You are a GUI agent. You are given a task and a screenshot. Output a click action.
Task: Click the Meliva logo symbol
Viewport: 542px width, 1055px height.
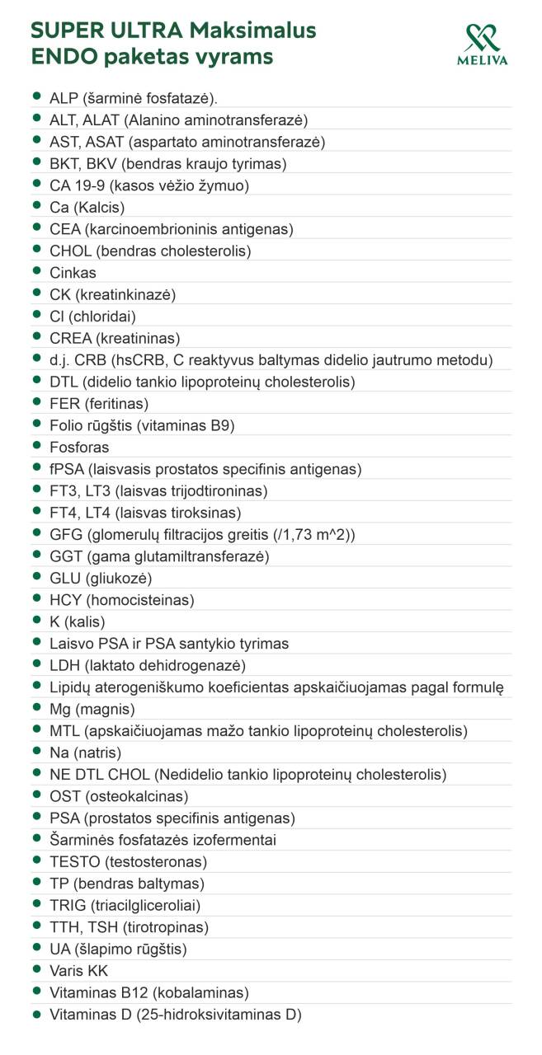pos(482,37)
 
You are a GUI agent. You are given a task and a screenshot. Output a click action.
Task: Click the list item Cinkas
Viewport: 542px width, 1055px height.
pos(73,273)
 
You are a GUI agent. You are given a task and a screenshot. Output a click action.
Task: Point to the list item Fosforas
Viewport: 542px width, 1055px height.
pos(79,448)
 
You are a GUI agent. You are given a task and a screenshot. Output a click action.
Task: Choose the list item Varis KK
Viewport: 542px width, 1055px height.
pos(78,971)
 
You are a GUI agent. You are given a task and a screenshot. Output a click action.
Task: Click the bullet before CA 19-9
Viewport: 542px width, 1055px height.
pos(37,185)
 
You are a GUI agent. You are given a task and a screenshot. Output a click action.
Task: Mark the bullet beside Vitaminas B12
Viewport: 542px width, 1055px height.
pos(37,992)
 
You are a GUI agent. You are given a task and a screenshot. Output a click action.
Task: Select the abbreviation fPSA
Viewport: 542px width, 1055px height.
pos(66,469)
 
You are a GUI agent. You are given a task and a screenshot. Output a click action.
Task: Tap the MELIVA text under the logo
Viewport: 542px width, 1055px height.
pos(482,60)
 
